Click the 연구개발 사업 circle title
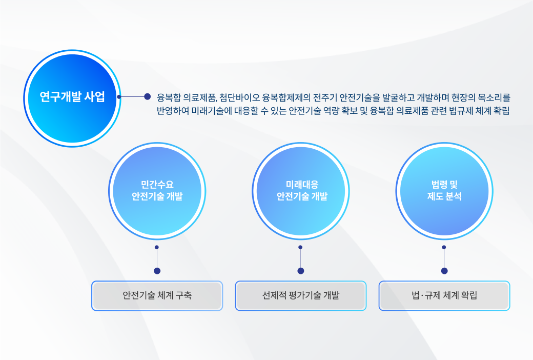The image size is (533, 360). pyautogui.click(x=72, y=97)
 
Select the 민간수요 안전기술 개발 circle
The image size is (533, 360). pyautogui.click(x=157, y=191)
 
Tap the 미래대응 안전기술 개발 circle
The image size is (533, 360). pyautogui.click(x=301, y=191)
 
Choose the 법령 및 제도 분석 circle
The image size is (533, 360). pyautogui.click(x=444, y=191)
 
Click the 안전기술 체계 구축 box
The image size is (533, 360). pyautogui.click(x=157, y=295)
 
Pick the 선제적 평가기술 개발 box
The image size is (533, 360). pyautogui.click(x=301, y=295)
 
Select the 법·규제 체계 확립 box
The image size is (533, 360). pyautogui.click(x=444, y=295)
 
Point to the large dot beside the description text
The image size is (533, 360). pyautogui.click(x=147, y=96)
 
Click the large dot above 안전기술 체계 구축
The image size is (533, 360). pyautogui.click(x=157, y=271)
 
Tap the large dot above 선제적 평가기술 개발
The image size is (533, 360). pyautogui.click(x=301, y=271)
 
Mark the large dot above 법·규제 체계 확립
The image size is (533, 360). pyautogui.click(x=444, y=271)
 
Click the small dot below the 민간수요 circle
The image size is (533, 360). pyautogui.click(x=157, y=247)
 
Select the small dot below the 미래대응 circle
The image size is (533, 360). pyautogui.click(x=300, y=247)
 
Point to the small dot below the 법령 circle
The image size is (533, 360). pyautogui.click(x=444, y=247)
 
